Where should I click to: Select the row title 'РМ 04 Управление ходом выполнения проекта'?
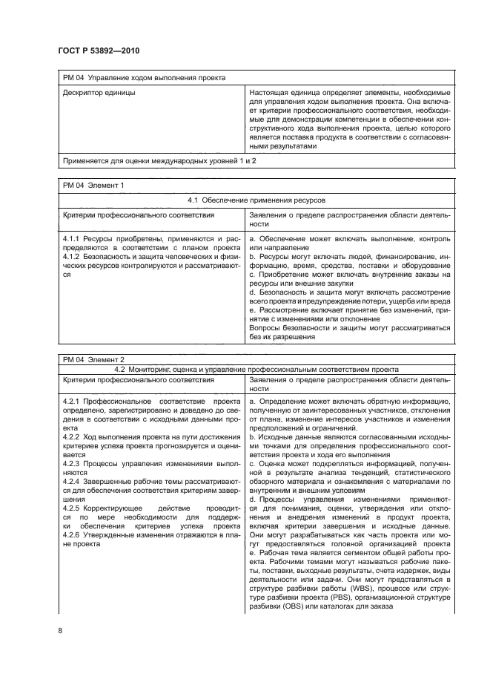click(144, 76)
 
